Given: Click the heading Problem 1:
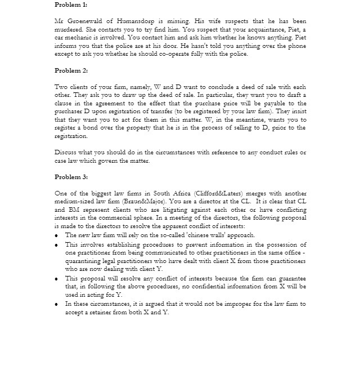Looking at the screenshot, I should (x=71, y=5).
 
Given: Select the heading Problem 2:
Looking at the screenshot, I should (x=71, y=70).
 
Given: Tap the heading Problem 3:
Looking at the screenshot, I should (x=71, y=177).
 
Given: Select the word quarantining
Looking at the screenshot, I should (x=85, y=261).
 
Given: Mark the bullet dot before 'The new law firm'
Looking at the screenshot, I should (x=57, y=235).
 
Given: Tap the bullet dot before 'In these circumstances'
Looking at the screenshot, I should (x=57, y=304).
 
